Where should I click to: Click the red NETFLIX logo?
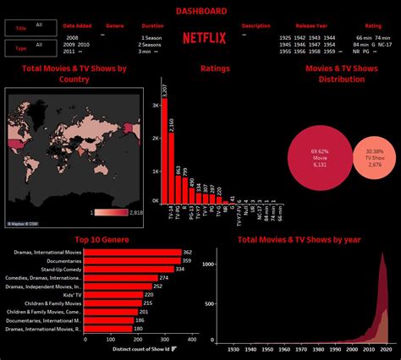[204, 38]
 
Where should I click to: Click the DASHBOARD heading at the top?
[200, 11]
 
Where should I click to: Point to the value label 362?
[188, 252]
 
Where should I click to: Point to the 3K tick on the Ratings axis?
[155, 106]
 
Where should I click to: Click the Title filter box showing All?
[31, 26]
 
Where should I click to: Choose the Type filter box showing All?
[31, 49]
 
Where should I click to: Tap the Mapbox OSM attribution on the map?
[24, 224]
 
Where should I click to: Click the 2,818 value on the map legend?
[135, 213]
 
